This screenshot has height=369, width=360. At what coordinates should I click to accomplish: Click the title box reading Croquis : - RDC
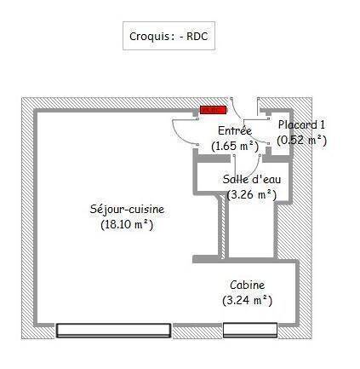click(x=169, y=36)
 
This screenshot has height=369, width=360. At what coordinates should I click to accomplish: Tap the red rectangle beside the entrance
click(x=214, y=110)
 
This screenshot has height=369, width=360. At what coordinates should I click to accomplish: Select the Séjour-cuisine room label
click(x=127, y=210)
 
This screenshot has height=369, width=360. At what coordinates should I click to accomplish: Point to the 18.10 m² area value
click(x=127, y=225)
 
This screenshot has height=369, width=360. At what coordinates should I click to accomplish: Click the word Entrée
click(x=235, y=130)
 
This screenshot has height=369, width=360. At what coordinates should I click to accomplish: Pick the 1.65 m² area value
click(x=235, y=146)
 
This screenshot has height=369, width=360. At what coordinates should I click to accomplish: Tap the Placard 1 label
click(x=301, y=124)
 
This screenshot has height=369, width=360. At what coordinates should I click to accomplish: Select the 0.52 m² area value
click(x=301, y=140)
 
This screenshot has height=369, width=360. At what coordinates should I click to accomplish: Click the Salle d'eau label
click(x=252, y=179)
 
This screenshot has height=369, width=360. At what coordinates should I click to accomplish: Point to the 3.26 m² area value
click(x=252, y=194)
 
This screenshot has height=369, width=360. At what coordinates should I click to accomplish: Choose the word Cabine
click(x=248, y=285)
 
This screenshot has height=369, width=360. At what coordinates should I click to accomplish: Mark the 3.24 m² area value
click(x=248, y=300)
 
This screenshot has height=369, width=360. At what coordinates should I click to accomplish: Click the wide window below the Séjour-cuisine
click(x=113, y=331)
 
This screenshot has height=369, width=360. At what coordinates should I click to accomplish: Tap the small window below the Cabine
click(x=250, y=330)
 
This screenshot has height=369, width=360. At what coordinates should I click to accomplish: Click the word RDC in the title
click(x=197, y=36)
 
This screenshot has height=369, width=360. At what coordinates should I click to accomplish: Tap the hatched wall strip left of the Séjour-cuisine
click(x=27, y=218)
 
